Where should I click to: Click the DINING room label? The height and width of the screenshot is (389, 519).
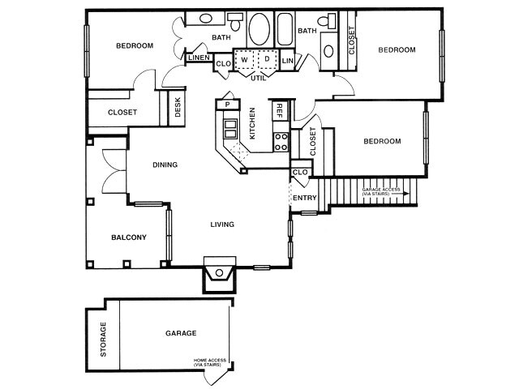pos(165,165)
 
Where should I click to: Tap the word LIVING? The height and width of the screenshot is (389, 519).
pos(222,224)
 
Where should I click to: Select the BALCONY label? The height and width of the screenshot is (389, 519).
pos(128,237)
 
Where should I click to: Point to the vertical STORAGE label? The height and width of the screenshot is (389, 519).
pos(103,339)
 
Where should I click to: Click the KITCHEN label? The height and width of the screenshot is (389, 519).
pos(253,124)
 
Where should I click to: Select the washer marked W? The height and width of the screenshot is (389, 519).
pos(244,60)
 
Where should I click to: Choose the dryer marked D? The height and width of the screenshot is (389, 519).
pos(266,60)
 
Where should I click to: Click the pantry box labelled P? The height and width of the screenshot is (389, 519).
pos(227,104)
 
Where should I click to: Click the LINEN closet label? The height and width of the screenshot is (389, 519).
pos(199,58)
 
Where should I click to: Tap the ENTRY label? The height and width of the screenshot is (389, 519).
pos(305,197)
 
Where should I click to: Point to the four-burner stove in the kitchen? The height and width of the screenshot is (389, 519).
pos(281,142)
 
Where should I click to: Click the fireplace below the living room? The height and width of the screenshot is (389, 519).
pos(219,274)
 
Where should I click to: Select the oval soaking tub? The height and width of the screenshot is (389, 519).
pos(260,31)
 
